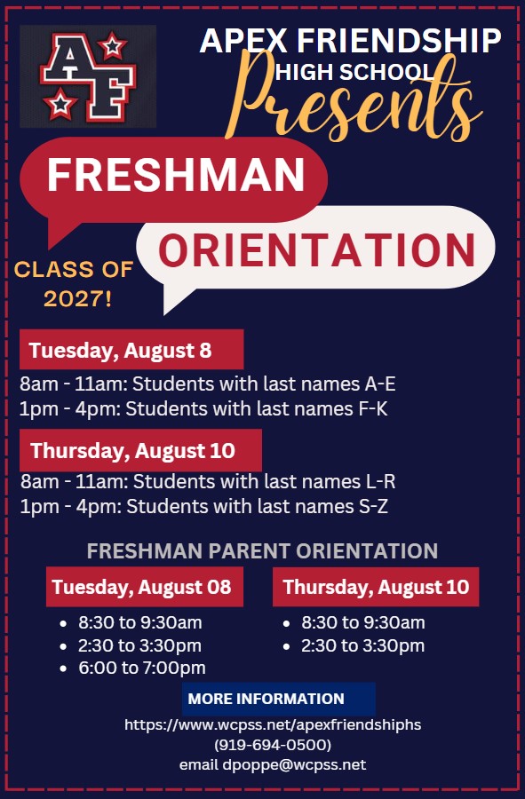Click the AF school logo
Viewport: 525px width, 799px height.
click(x=88, y=76)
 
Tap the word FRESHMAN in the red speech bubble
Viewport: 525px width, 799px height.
click(x=177, y=174)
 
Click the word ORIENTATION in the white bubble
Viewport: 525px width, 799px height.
click(x=316, y=250)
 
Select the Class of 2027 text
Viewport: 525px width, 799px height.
click(x=74, y=284)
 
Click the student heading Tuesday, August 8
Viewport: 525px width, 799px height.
click(x=120, y=351)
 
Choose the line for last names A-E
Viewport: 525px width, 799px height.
click(x=208, y=384)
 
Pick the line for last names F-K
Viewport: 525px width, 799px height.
click(x=203, y=408)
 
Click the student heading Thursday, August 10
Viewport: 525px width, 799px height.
click(x=132, y=451)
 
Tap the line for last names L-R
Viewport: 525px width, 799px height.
click(x=208, y=481)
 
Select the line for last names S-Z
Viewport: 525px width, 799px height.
click(x=204, y=507)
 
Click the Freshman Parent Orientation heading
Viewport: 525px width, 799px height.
click(x=263, y=550)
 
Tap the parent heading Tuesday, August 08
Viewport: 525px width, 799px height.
click(x=142, y=587)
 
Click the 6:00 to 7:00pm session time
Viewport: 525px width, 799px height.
click(x=142, y=668)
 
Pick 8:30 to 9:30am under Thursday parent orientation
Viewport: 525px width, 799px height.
click(x=363, y=622)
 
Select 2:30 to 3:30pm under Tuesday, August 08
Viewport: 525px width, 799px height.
click(x=139, y=645)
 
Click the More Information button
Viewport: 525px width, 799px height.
click(x=278, y=699)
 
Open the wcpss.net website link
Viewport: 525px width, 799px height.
click(x=273, y=724)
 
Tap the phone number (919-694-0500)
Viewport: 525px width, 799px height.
click(x=273, y=745)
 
